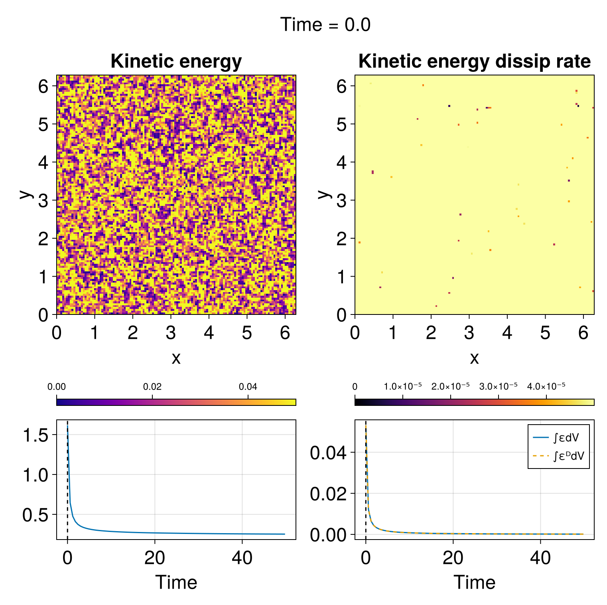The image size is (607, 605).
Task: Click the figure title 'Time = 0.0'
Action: coord(325,25)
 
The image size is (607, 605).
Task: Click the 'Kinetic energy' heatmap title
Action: coord(176,61)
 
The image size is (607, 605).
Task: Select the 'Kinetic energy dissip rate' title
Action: coord(474,61)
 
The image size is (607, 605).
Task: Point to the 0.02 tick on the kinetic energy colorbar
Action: coord(152,386)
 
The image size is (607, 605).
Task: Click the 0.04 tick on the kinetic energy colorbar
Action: coord(248,386)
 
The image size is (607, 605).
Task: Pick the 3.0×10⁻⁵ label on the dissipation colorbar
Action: coord(498,386)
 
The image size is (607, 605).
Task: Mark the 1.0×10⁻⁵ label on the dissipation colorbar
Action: coord(402,386)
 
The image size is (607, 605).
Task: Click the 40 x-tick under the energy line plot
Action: coord(242,558)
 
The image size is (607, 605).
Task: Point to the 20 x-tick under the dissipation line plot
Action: coord(453,558)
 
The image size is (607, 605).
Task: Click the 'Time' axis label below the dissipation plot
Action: coord(474,582)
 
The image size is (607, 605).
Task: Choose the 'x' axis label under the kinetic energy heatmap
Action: coord(176,358)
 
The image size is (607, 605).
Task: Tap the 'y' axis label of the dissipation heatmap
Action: coord(325,194)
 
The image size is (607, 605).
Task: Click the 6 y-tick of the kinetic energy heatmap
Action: coord(43,86)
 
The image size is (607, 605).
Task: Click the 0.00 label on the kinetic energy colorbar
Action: coord(57,386)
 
